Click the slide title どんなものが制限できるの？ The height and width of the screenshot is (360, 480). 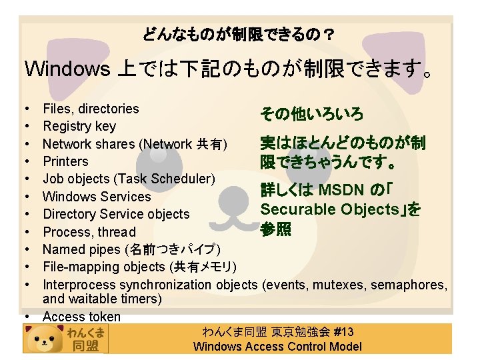(239, 33)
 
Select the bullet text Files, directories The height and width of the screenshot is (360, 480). (91, 109)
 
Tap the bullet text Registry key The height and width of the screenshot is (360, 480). (79, 126)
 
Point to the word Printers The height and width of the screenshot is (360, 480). (65, 161)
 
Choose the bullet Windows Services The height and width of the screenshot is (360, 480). (97, 197)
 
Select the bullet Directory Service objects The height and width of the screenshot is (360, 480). (116, 214)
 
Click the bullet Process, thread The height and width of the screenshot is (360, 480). (89, 232)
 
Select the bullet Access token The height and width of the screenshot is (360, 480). (81, 317)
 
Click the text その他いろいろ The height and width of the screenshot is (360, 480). (312, 115)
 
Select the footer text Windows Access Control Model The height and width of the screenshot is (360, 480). (277, 346)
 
